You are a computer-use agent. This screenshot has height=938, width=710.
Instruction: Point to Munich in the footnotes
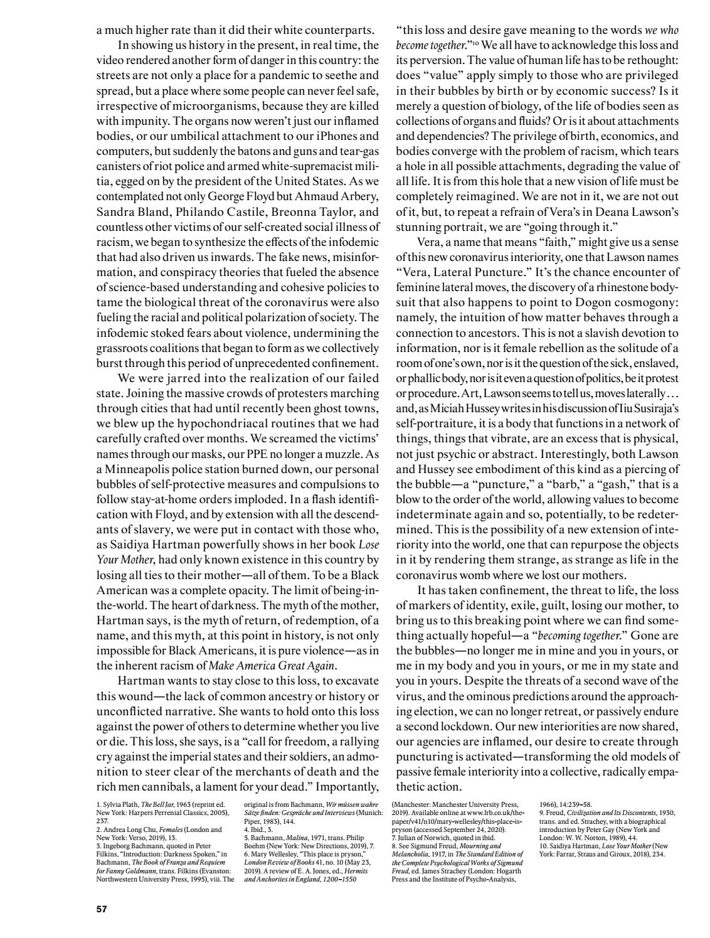click(x=369, y=813)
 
